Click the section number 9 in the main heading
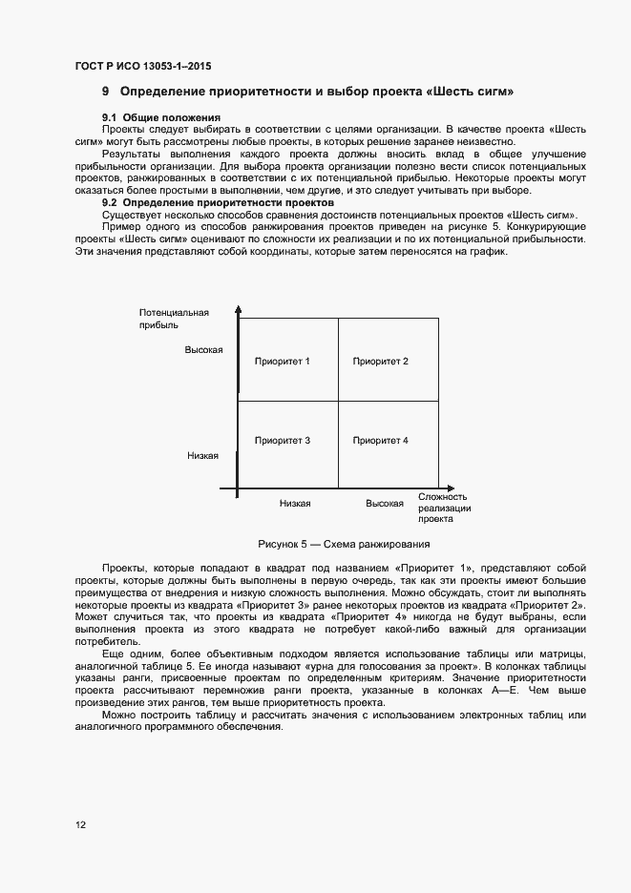(x=106, y=93)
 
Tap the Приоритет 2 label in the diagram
(x=380, y=361)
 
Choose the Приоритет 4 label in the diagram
(x=380, y=440)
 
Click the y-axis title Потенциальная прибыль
(x=173, y=319)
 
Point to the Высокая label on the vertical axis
(x=203, y=350)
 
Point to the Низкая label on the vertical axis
(x=203, y=456)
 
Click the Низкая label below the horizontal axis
(x=295, y=503)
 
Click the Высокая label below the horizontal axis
(x=384, y=503)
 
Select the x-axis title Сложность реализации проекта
(x=443, y=508)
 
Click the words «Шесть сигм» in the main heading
(x=474, y=93)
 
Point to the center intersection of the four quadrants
(x=338, y=401)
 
